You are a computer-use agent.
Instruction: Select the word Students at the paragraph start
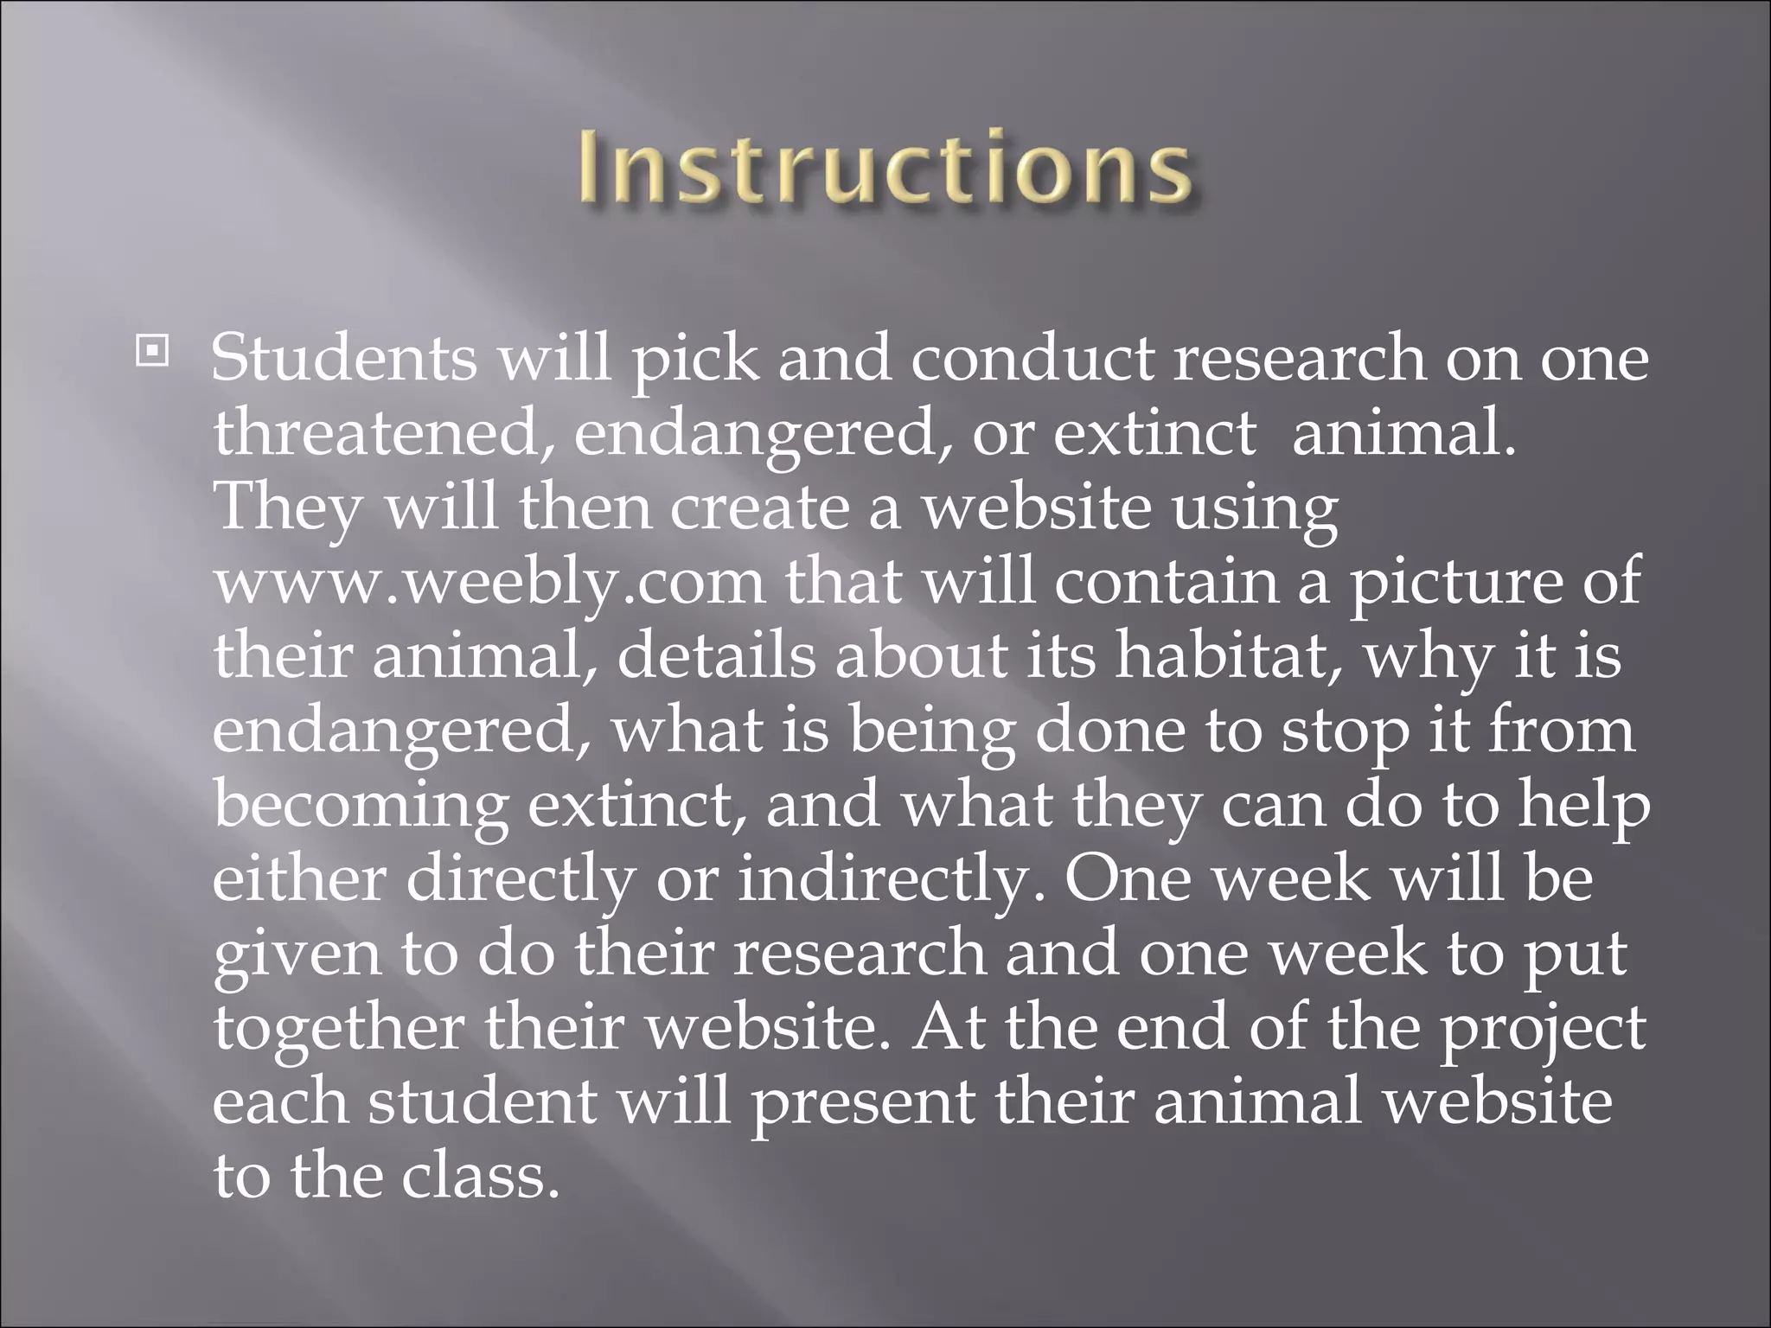pyautogui.click(x=343, y=358)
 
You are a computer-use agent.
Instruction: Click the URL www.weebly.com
pyautogui.click(x=489, y=582)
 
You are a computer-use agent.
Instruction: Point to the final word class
pyautogui.click(x=475, y=1178)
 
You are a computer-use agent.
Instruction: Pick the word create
pyautogui.click(x=760, y=508)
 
